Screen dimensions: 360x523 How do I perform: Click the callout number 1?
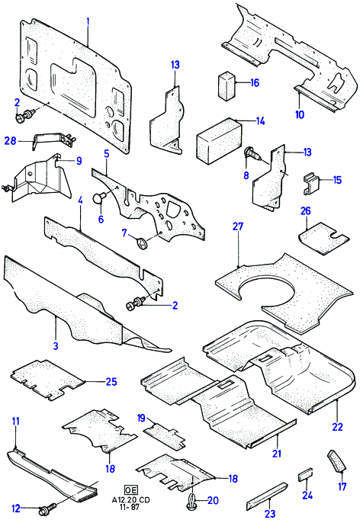tap(88, 22)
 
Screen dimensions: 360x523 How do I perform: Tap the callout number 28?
tap(10, 141)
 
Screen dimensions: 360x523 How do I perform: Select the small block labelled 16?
tap(227, 85)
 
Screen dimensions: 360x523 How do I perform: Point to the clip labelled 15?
tap(311, 183)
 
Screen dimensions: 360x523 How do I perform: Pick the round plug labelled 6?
tap(98, 197)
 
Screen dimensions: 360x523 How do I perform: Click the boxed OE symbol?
tap(130, 490)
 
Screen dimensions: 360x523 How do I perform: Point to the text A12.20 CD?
tap(130, 500)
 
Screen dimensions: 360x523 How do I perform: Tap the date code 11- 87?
tap(130, 507)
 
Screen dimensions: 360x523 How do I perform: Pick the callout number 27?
tap(238, 227)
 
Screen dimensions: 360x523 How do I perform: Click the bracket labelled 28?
tap(53, 140)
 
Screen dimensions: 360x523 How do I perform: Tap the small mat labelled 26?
tap(323, 238)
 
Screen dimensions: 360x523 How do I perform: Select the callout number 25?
tap(111, 381)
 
